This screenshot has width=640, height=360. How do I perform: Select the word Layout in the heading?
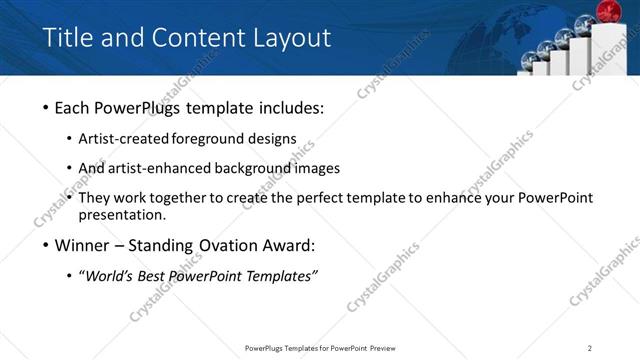pos(289,38)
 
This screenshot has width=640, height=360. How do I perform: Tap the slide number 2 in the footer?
pos(590,347)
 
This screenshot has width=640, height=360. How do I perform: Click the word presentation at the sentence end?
pos(121,215)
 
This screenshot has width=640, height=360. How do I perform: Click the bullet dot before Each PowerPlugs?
pos(47,108)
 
